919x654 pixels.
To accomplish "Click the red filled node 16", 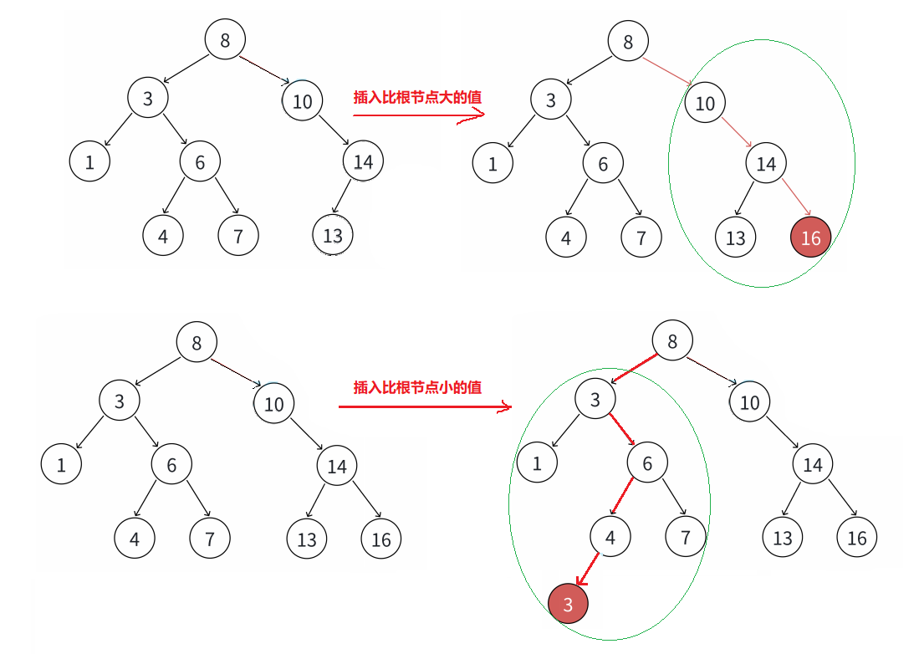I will pyautogui.click(x=810, y=238).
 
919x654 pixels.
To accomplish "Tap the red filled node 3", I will pyautogui.click(x=568, y=605).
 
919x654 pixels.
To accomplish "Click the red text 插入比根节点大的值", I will pyautogui.click(x=417, y=97).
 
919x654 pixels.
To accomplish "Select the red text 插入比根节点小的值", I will pyautogui.click(x=417, y=387).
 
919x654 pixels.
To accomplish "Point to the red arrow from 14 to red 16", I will pyautogui.click(x=795, y=200).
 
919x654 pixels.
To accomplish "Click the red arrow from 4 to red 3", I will pyautogui.click(x=588, y=570).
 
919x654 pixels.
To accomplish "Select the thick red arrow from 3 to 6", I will pyautogui.click(x=620, y=431).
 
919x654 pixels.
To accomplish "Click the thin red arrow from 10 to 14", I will pyautogui.click(x=736, y=132).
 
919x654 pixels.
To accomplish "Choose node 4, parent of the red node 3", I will pyautogui.click(x=610, y=538).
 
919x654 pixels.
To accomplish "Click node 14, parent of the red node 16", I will pyautogui.click(x=766, y=164).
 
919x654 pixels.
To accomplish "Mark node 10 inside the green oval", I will pyautogui.click(x=705, y=103).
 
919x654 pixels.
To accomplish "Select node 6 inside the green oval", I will pyautogui.click(x=647, y=463).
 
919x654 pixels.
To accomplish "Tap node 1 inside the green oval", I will pyautogui.click(x=537, y=463).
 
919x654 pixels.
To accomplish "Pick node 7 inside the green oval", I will pyautogui.click(x=686, y=538).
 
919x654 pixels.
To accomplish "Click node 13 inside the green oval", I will pyautogui.click(x=735, y=238).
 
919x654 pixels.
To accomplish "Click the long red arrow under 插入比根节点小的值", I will pyautogui.click(x=422, y=407).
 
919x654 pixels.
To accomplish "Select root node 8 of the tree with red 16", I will pyautogui.click(x=628, y=43).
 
